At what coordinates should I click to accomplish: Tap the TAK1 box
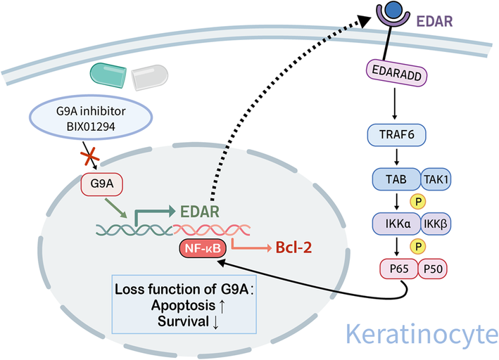pyautogui.click(x=436, y=179)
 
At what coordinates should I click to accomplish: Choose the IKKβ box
pyautogui.click(x=436, y=224)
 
